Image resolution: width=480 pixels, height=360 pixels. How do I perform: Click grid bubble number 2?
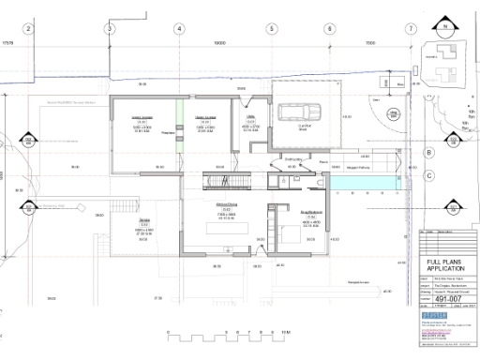click(x=28, y=28)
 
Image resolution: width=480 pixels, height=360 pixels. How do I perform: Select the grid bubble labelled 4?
click(x=178, y=28)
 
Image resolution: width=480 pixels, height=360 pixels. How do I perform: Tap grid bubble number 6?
click(x=330, y=28)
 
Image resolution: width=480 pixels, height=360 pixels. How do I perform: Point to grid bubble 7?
click(x=411, y=28)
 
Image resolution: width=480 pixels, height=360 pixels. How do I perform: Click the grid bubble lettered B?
click(x=428, y=152)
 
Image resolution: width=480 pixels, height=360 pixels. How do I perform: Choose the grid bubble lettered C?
click(x=428, y=175)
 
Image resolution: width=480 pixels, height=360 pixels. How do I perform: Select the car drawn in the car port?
click(x=307, y=111)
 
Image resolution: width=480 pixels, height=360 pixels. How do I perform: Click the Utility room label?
click(x=251, y=122)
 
